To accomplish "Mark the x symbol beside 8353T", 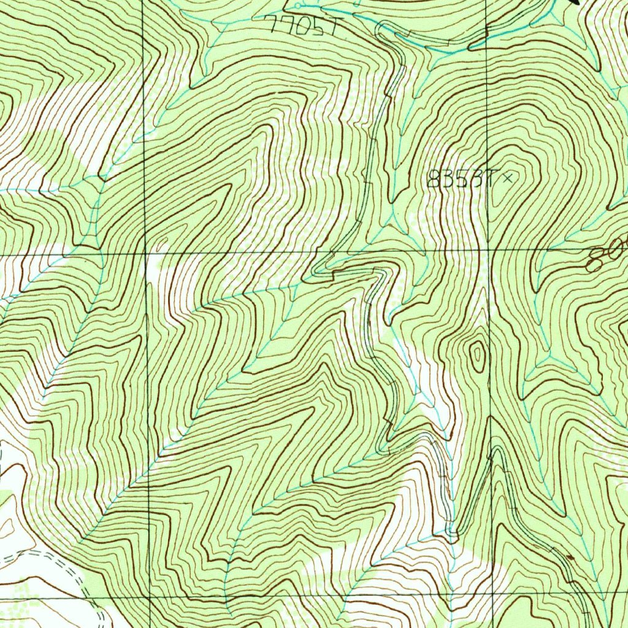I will click(507, 178).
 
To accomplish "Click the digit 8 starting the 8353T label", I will click(433, 180).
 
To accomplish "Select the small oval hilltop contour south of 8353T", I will click(477, 355).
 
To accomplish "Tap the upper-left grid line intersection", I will click(145, 252).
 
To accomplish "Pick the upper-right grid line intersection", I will click(488, 251).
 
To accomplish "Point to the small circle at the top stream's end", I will click(297, 6).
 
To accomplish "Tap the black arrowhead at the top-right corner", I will click(576, 2).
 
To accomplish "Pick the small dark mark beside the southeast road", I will click(570, 557).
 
